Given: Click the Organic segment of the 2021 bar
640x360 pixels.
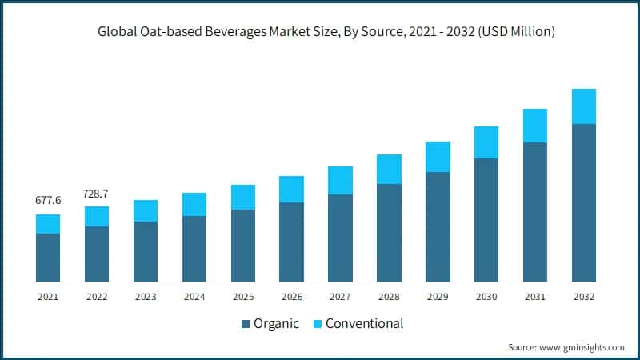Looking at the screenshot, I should tap(48, 257).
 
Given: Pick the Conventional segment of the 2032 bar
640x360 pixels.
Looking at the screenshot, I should tap(584, 106).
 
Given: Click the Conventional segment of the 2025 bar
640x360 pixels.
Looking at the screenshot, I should tap(243, 197).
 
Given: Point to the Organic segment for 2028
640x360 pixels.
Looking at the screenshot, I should tap(389, 232).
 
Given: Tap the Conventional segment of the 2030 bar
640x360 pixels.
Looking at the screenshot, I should tap(486, 142).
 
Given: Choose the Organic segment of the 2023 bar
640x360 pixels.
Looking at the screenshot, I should tap(146, 251).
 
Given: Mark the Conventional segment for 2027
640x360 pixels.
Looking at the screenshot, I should tap(340, 180).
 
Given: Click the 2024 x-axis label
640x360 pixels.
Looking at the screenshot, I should tap(194, 297).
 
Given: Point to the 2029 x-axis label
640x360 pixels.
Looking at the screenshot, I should tap(438, 297).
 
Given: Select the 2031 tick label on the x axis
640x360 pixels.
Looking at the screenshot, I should tap(535, 297).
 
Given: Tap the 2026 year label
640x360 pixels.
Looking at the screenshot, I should tap(291, 297).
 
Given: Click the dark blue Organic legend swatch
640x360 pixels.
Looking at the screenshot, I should tap(245, 324).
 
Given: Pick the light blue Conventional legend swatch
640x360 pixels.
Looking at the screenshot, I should tap(316, 324).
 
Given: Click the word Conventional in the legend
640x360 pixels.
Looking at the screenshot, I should tap(364, 324).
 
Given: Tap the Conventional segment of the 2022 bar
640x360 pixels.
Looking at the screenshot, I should tap(97, 216).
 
